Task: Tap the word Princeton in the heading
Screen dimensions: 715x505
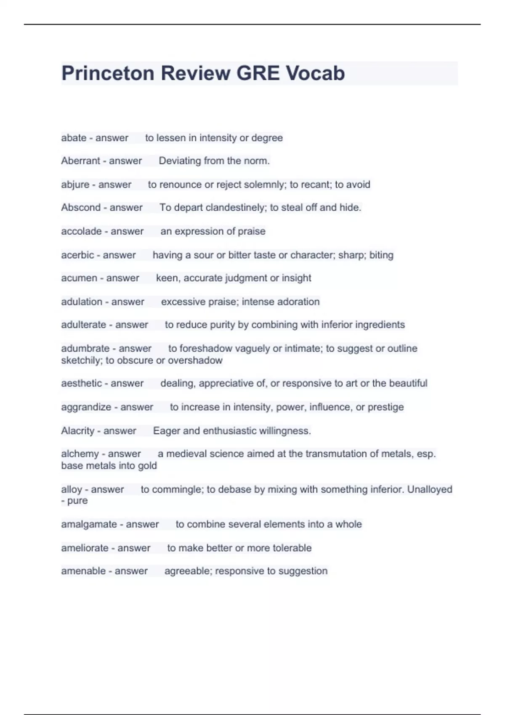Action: (x=108, y=73)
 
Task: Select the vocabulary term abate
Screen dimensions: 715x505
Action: (x=74, y=138)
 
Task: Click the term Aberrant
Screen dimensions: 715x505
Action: (x=80, y=161)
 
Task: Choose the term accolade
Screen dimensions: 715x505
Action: (x=81, y=231)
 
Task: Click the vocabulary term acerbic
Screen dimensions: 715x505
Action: (x=77, y=255)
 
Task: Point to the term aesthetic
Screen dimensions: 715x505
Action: (x=81, y=383)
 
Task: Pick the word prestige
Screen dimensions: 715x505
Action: (x=385, y=407)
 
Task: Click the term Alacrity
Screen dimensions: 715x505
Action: (x=78, y=431)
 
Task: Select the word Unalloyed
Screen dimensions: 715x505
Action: (x=430, y=490)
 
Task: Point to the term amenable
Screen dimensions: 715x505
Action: (x=83, y=571)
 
